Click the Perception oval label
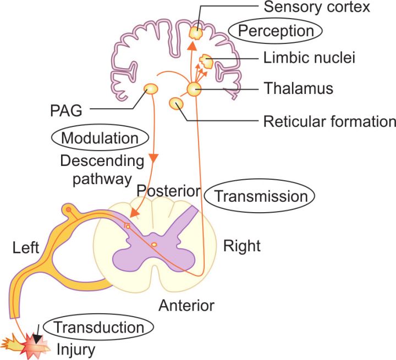(x=275, y=31)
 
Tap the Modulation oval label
(x=100, y=138)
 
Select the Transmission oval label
(x=260, y=196)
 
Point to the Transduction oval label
(x=98, y=327)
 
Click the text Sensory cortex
(x=317, y=7)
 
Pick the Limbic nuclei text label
(x=309, y=58)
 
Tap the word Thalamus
(x=298, y=88)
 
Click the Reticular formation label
(x=329, y=121)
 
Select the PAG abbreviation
(x=66, y=110)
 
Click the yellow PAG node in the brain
(x=151, y=89)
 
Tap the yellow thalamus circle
(x=194, y=89)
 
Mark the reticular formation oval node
(x=177, y=103)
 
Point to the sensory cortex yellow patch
(x=196, y=33)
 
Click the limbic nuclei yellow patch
(x=206, y=62)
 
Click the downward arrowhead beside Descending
(x=153, y=158)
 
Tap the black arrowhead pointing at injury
(x=37, y=339)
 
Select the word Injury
(x=76, y=350)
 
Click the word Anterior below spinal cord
(x=186, y=306)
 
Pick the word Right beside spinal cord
(x=242, y=246)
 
